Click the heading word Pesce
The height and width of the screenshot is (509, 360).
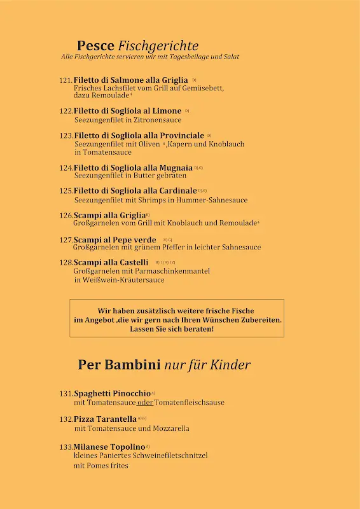[95, 46]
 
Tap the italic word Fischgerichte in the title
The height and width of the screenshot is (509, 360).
[158, 46]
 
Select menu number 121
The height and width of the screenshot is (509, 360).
[66, 81]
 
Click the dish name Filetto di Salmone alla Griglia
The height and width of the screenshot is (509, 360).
[130, 80]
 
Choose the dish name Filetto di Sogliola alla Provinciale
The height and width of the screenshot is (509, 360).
[139, 136]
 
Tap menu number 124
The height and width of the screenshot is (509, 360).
[66, 169]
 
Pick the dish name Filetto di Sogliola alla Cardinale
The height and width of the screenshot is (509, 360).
[135, 191]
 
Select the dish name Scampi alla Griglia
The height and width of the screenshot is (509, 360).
[109, 216]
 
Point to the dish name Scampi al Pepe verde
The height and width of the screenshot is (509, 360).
[115, 240]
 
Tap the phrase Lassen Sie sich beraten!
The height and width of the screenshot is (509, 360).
[172, 330]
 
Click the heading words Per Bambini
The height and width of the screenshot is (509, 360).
[118, 365]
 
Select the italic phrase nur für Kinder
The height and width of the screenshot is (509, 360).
[207, 365]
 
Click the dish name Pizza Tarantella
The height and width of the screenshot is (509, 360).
[105, 419]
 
